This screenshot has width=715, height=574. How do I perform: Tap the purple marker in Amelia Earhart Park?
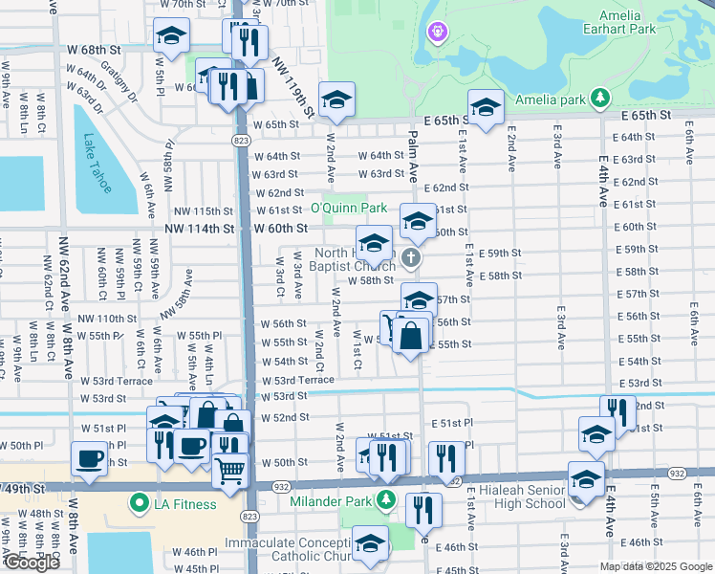438,33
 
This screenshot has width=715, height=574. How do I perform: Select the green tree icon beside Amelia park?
599,98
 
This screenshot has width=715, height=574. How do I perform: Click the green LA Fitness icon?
140,503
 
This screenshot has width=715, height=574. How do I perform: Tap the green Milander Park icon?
384,498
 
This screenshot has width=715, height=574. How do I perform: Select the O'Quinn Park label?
348,208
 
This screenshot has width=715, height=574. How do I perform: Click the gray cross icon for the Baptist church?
411,257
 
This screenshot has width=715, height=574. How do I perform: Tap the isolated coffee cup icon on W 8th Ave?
89,457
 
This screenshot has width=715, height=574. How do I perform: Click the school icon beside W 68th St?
172,36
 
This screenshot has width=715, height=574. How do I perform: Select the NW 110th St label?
107,319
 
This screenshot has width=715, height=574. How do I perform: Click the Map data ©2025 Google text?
654,566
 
